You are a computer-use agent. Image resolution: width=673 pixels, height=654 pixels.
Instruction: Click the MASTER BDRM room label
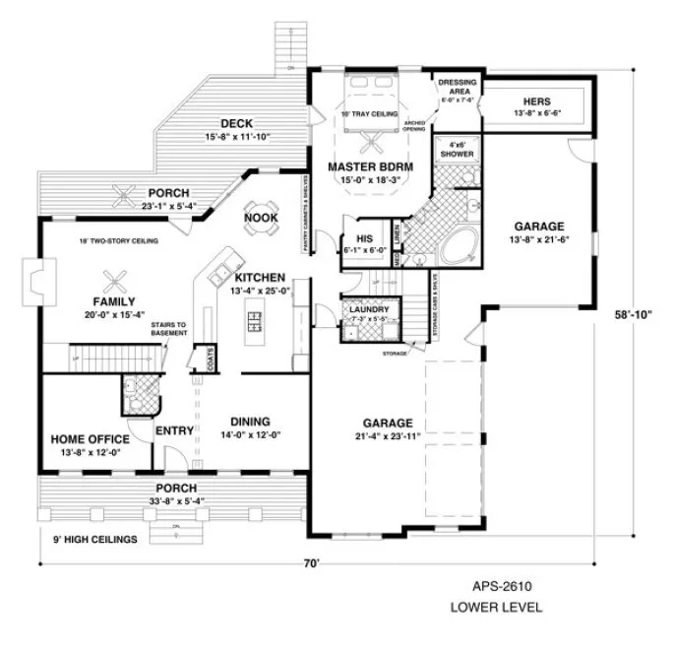(x=370, y=167)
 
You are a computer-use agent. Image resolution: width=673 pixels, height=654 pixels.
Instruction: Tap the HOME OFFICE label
(x=91, y=439)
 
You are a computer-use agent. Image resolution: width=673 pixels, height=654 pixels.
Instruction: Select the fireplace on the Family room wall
(x=35, y=279)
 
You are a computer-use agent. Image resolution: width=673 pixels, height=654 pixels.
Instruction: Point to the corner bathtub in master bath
(x=457, y=246)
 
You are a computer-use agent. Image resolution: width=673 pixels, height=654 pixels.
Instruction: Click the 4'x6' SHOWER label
(x=455, y=150)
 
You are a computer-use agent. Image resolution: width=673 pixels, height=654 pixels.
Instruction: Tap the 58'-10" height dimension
(x=638, y=314)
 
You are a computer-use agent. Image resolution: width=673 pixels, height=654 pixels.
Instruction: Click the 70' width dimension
(x=311, y=564)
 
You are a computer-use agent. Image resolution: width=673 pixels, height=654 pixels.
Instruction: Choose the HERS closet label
(x=537, y=102)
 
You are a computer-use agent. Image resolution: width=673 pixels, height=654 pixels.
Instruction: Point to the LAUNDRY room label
(x=368, y=310)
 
